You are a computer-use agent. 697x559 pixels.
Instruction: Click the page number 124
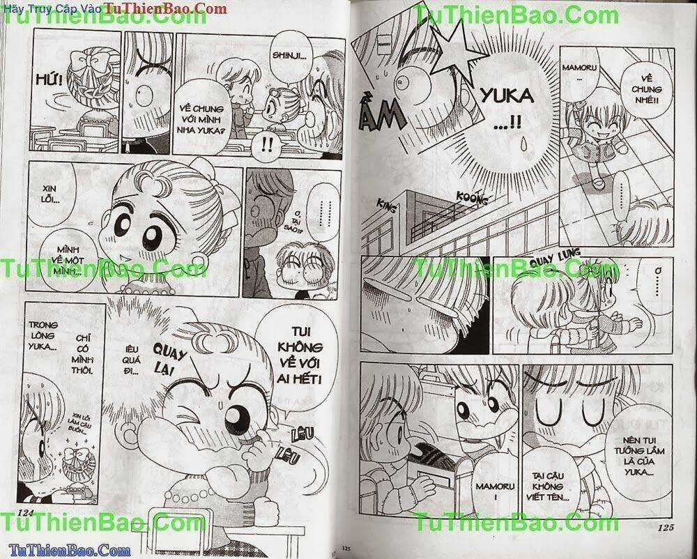click(24, 515)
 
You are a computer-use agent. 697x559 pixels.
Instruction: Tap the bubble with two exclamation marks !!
click(267, 145)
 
